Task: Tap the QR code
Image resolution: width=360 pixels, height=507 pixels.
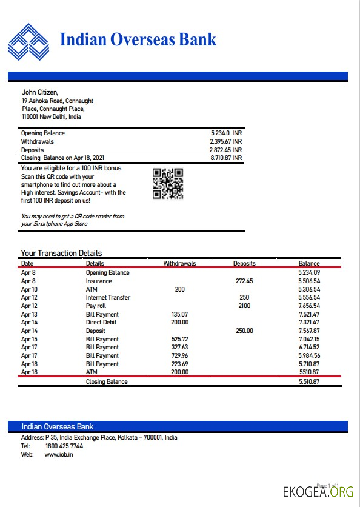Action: pyautogui.click(x=167, y=183)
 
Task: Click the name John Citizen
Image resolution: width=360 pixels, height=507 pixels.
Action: pyautogui.click(x=40, y=92)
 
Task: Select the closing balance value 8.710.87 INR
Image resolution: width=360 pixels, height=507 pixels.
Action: pyautogui.click(x=226, y=158)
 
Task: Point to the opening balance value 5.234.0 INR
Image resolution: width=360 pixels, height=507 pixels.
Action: pyautogui.click(x=226, y=133)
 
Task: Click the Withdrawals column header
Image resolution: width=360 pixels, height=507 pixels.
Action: pyautogui.click(x=179, y=264)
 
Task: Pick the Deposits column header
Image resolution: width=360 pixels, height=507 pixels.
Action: pyautogui.click(x=244, y=264)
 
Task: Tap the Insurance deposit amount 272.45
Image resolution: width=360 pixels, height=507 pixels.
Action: pyautogui.click(x=243, y=281)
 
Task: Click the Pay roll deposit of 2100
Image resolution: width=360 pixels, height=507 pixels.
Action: pyautogui.click(x=244, y=306)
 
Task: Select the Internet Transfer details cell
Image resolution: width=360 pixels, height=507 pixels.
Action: pyautogui.click(x=108, y=298)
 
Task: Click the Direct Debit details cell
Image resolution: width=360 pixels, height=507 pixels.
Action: pyautogui.click(x=102, y=323)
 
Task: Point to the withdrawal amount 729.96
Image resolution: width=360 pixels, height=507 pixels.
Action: pyautogui.click(x=179, y=356)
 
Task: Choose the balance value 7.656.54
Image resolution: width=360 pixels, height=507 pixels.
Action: pyautogui.click(x=308, y=306)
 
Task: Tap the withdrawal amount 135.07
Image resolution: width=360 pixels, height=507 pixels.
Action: pyautogui.click(x=179, y=315)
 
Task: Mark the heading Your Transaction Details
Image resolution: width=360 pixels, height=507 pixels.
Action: pyautogui.click(x=61, y=253)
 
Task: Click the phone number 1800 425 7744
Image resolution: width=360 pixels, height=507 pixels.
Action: pyautogui.click(x=64, y=446)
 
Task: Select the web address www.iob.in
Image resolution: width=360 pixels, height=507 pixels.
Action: pyautogui.click(x=59, y=454)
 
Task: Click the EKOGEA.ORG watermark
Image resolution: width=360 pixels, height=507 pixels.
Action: pyautogui.click(x=318, y=492)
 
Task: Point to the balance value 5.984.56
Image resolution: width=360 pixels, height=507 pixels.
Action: pyautogui.click(x=308, y=356)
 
